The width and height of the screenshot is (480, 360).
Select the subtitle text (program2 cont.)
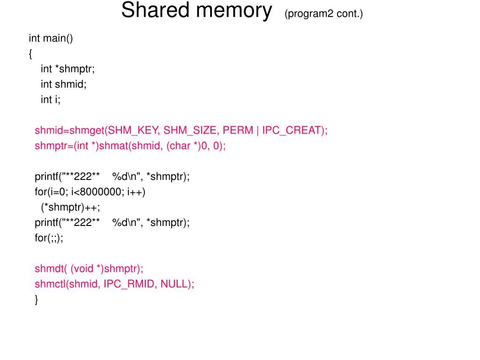[x=323, y=14]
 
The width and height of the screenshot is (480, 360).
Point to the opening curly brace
[x=30, y=54]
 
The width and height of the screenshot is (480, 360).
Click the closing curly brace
[x=37, y=300]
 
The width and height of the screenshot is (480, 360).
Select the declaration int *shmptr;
[x=67, y=69]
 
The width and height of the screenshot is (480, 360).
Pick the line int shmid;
[x=64, y=84]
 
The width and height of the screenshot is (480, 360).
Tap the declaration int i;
[x=51, y=99]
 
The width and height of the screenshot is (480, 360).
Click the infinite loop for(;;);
[x=49, y=238]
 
